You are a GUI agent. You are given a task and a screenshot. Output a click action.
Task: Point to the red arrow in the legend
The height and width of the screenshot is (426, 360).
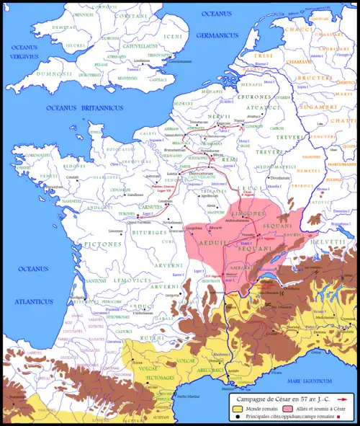pos(343,397)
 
